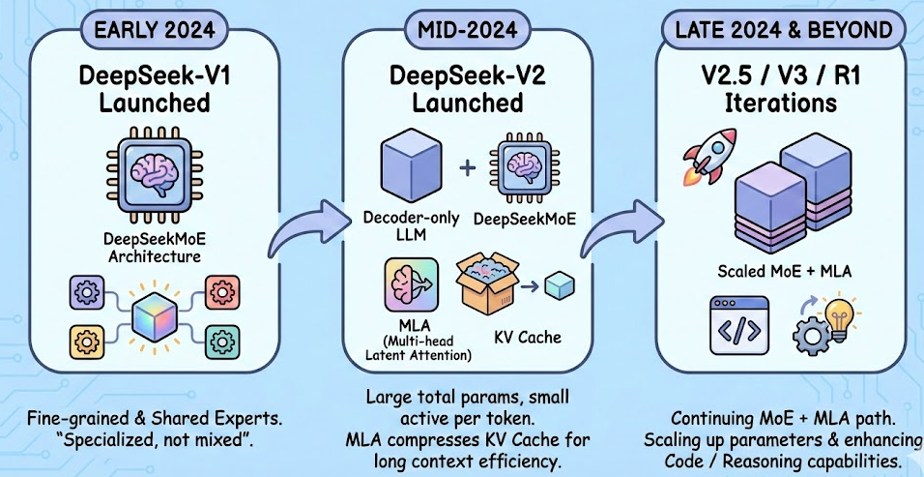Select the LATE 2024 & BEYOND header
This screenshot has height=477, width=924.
tap(783, 29)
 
